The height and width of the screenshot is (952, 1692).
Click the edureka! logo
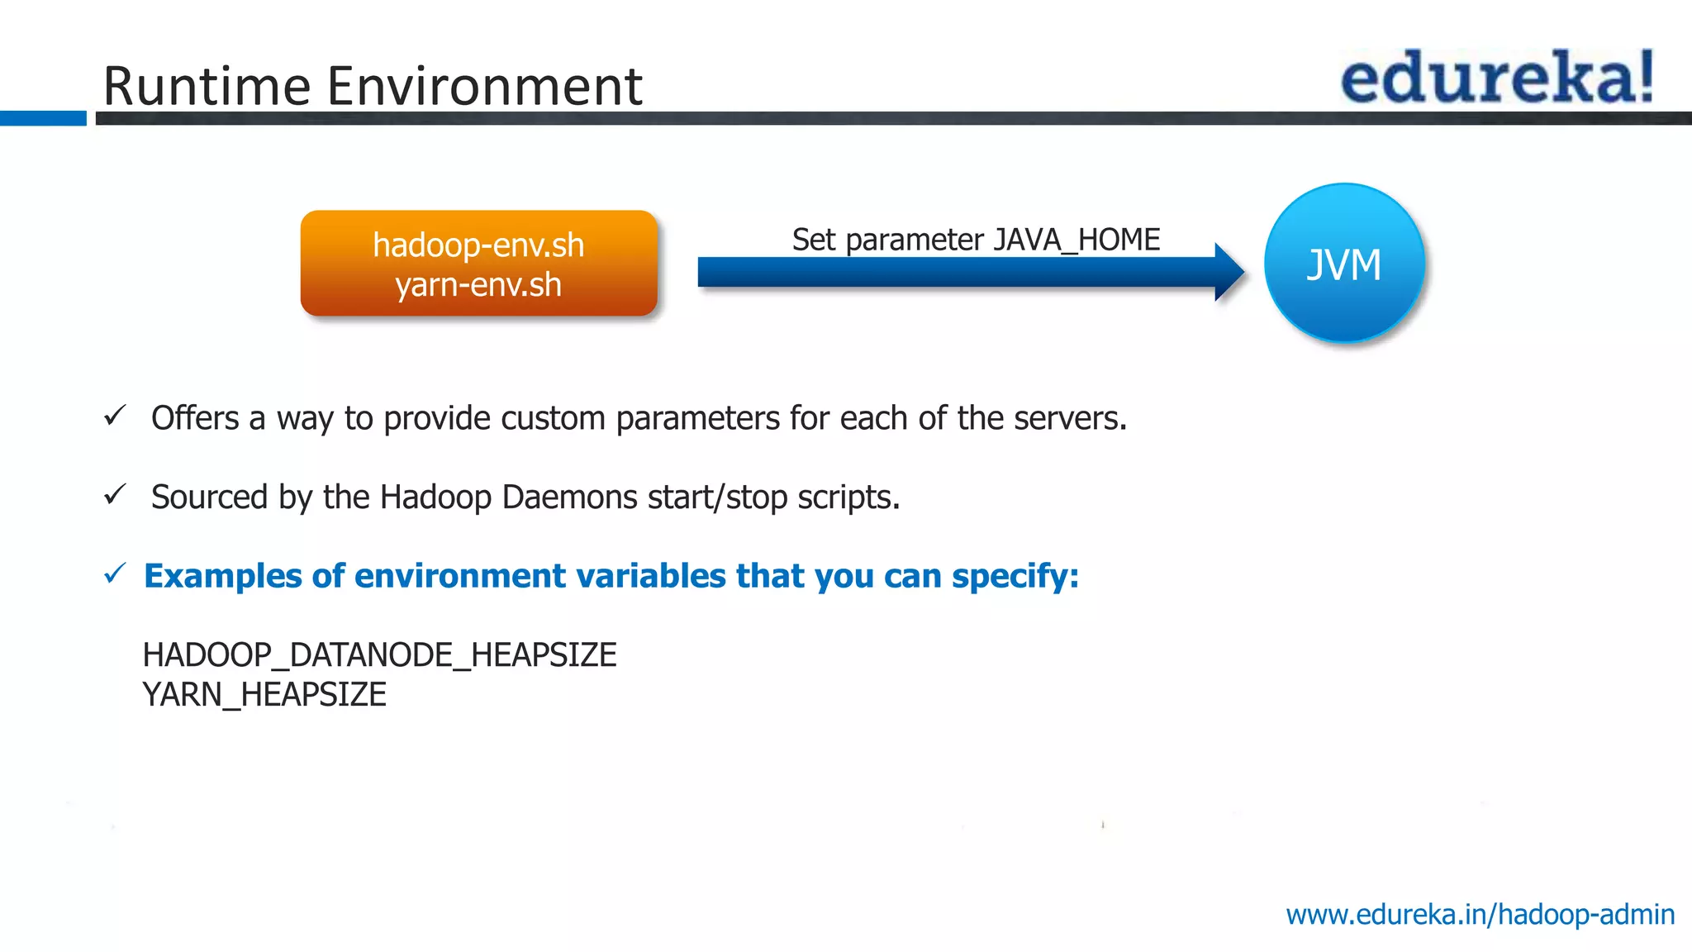tap(1496, 78)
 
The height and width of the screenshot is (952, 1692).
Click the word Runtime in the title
tap(207, 86)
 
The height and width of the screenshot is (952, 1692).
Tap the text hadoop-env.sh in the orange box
tap(478, 245)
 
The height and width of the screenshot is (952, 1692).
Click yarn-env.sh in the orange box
tap(478, 285)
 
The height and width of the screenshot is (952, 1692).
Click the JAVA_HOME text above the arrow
tap(1077, 240)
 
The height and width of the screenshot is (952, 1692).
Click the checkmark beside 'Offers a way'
tap(115, 416)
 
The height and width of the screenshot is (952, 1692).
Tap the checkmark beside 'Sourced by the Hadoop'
tap(115, 495)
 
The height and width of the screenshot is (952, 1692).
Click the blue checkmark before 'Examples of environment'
tap(115, 574)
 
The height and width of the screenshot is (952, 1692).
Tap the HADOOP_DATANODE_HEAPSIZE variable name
tap(379, 655)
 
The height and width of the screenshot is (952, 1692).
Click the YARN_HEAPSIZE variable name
tap(264, 695)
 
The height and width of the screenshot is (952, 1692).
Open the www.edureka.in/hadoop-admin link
tap(1480, 915)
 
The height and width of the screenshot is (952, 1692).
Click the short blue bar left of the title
tap(43, 118)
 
